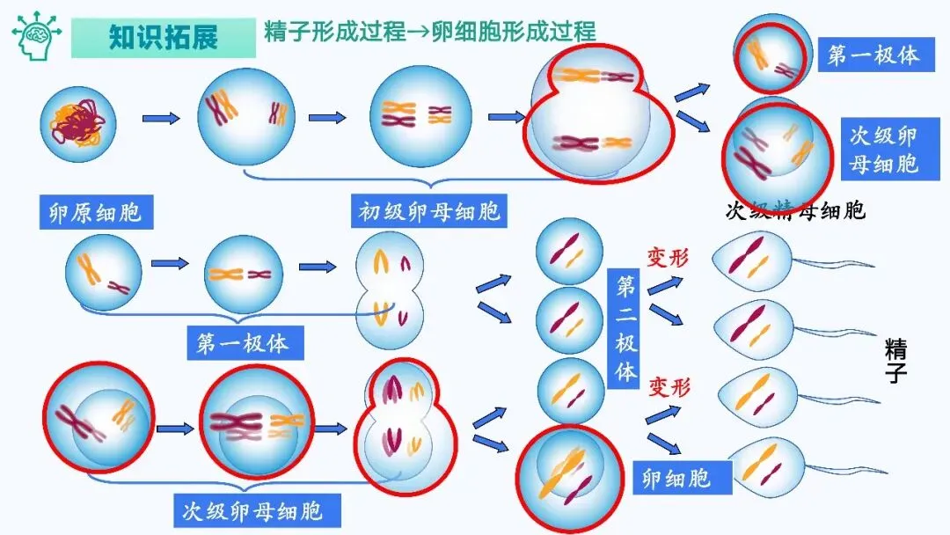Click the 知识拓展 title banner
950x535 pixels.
(x=163, y=38)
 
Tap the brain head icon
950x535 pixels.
(x=36, y=36)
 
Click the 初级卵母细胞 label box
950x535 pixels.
(x=429, y=212)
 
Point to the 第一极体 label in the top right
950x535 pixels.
(x=873, y=55)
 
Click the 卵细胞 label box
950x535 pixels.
(x=676, y=478)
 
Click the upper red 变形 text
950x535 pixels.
(x=669, y=259)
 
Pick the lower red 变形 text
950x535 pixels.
(x=669, y=386)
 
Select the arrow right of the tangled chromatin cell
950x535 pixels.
(x=161, y=118)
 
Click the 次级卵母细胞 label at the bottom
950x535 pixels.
(x=252, y=509)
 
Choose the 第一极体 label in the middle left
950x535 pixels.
(x=243, y=343)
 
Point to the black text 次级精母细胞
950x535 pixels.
(x=794, y=211)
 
